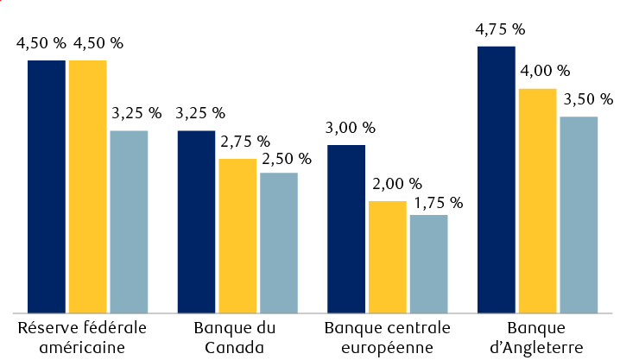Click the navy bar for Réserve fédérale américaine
click(47, 186)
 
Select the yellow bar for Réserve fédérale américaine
click(88, 186)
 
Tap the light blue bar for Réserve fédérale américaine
click(129, 221)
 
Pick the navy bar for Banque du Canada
click(197, 221)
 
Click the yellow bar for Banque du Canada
click(237, 235)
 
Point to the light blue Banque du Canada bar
click(279, 242)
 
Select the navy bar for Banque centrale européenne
click(346, 228)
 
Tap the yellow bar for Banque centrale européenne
click(387, 256)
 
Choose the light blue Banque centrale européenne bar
click(428, 262)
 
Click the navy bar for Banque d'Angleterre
click(497, 179)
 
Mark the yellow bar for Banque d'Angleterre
click(537, 199)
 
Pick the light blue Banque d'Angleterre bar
click(579, 214)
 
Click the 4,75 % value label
click(500, 29)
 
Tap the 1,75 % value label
click(438, 203)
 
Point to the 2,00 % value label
click(396, 184)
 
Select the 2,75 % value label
click(245, 142)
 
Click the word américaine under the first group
click(82, 347)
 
